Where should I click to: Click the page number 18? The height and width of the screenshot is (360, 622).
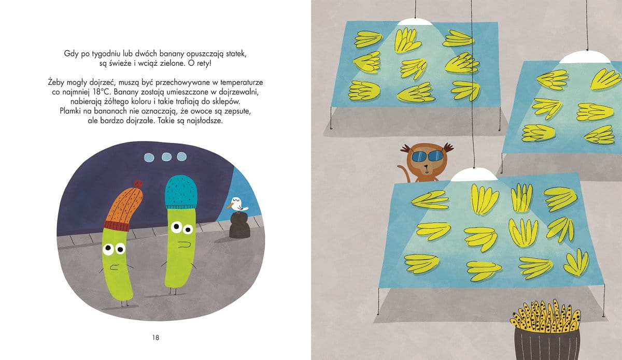pos(155,338)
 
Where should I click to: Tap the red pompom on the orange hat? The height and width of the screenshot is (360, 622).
pos(138,184)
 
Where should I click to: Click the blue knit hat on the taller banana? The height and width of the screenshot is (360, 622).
pos(181,192)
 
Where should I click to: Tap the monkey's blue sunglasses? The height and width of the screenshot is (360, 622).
pos(427,156)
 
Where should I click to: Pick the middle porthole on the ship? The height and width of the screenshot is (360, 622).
pos(166,157)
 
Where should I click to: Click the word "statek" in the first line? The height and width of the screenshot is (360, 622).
pos(236,54)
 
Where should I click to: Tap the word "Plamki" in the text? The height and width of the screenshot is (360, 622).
pos(69,111)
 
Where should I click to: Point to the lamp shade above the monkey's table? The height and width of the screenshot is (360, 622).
pos(474,176)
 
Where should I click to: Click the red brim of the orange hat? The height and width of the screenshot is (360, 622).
pos(117,225)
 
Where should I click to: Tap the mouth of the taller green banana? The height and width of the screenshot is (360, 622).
pos(183,244)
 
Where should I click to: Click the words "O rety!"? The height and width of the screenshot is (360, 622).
pos(200,63)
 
